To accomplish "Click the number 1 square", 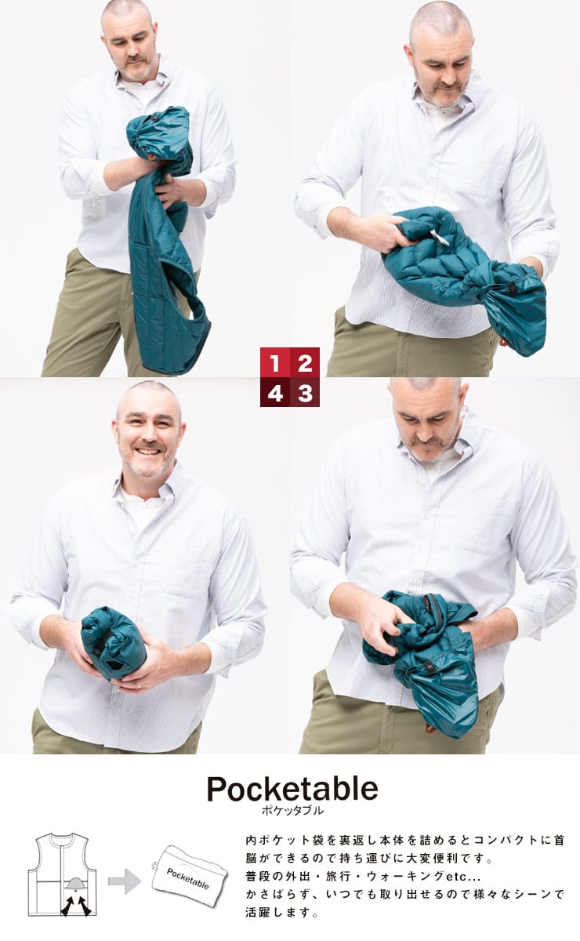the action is pyautogui.click(x=275, y=362).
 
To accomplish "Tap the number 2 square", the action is pyautogui.click(x=305, y=362).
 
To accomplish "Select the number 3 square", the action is pyautogui.click(x=305, y=392).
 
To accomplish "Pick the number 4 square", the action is pyautogui.click(x=275, y=392).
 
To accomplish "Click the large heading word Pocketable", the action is pyautogui.click(x=292, y=789).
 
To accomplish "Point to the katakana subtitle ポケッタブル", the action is pyautogui.click(x=292, y=811).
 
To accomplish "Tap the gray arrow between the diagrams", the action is pyautogui.click(x=125, y=880).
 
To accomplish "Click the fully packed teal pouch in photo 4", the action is pyautogui.click(x=114, y=643).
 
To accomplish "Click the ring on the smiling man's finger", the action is pyautogui.click(x=140, y=687).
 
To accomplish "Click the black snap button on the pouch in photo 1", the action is pyautogui.click(x=155, y=119).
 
